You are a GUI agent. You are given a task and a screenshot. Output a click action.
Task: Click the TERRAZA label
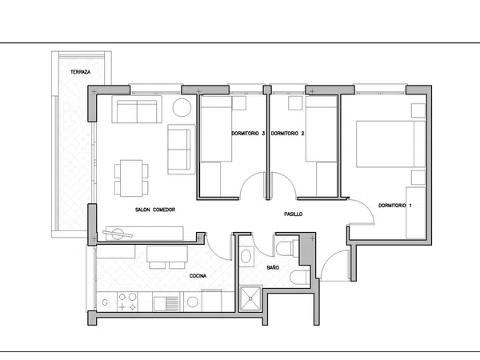tap(81, 72)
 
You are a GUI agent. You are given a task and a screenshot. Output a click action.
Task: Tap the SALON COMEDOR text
tap(155, 210)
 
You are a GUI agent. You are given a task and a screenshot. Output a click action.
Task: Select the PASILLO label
tap(294, 214)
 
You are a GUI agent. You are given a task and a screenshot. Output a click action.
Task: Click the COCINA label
tap(198, 276)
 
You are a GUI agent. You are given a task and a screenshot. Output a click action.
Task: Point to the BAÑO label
tap(273, 267)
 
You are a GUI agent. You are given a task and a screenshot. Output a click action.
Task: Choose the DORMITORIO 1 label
tap(395, 206)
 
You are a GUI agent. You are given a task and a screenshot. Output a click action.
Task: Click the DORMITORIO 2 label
tap(287, 134)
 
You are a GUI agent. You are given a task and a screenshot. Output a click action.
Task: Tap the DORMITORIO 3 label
tap(248, 134)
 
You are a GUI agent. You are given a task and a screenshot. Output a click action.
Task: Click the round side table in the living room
tap(182, 107)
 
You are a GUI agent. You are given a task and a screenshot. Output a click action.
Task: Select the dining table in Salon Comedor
tap(131, 178)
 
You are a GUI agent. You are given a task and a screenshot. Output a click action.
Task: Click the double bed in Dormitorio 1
tap(390, 144)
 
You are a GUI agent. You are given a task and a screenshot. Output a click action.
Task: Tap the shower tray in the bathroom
tap(250, 298)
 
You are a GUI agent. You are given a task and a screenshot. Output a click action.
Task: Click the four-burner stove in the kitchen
tap(127, 302)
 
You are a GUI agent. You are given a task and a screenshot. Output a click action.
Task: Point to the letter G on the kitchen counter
tap(105, 302)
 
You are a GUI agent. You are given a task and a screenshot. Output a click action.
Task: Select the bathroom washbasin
tap(246, 256)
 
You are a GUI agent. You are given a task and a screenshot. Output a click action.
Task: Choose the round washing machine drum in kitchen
tap(193, 302)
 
